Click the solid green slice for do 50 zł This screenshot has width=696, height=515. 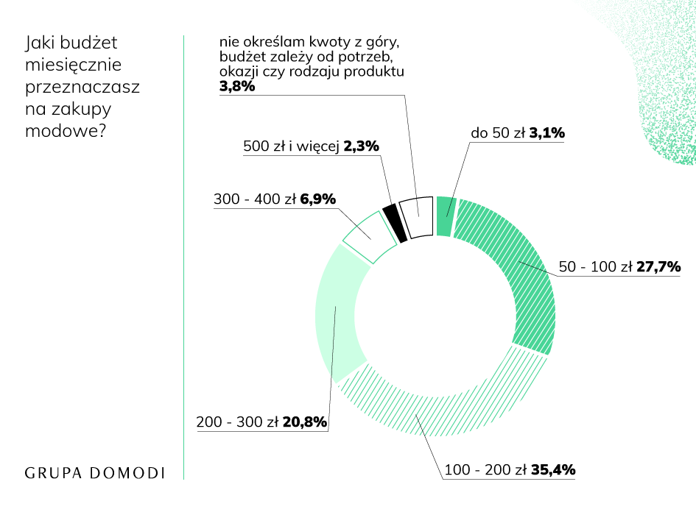[x=443, y=216]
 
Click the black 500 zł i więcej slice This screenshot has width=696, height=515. [x=395, y=222]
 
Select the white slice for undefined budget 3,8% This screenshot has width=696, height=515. [x=416, y=217]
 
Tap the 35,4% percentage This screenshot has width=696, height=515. [x=552, y=469]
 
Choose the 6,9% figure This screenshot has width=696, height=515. [x=318, y=199]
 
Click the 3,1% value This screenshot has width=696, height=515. [x=546, y=134]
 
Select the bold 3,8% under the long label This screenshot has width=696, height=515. [x=236, y=87]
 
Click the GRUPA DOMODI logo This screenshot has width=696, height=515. [x=95, y=472]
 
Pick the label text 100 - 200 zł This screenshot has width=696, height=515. [x=485, y=469]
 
